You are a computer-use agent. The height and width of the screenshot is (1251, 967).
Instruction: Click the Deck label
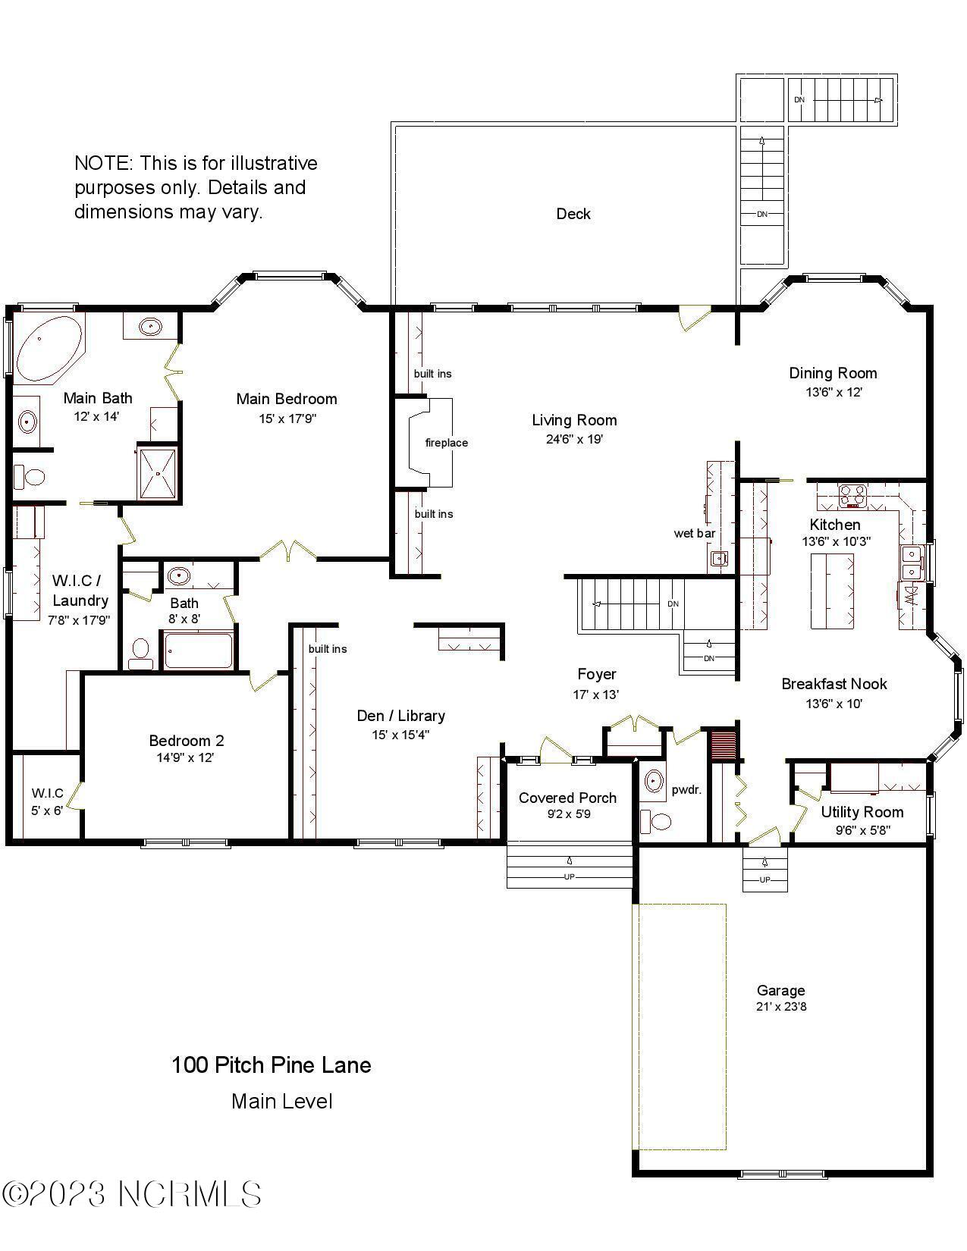tap(573, 215)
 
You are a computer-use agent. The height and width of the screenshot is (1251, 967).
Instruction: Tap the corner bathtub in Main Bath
tap(47, 350)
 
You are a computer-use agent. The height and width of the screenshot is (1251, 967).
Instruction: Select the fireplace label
tap(446, 443)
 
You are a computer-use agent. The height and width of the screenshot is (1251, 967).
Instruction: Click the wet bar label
tap(694, 534)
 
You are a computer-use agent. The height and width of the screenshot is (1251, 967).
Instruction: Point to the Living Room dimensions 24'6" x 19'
tap(574, 439)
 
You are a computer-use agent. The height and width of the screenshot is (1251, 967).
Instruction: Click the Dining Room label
tap(833, 373)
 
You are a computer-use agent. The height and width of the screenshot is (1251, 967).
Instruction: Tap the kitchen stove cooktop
tap(852, 496)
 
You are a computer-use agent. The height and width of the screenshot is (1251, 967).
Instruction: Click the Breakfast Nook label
tap(834, 684)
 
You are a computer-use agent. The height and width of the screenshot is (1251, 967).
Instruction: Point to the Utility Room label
tap(862, 812)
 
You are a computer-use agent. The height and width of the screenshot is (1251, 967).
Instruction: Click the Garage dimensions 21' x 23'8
tap(780, 1007)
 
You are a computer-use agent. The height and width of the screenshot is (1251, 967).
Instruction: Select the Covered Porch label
tap(567, 798)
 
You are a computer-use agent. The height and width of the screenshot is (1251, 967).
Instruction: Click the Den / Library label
tap(400, 716)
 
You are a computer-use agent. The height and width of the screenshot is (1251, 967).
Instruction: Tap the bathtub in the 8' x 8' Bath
tap(198, 651)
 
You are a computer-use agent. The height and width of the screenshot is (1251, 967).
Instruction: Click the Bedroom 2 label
tap(186, 741)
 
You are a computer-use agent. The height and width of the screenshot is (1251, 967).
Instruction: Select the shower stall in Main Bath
tap(158, 474)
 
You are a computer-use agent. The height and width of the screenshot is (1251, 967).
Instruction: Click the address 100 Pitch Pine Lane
tap(271, 1065)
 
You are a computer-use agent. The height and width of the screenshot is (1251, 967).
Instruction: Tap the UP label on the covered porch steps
tap(569, 876)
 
